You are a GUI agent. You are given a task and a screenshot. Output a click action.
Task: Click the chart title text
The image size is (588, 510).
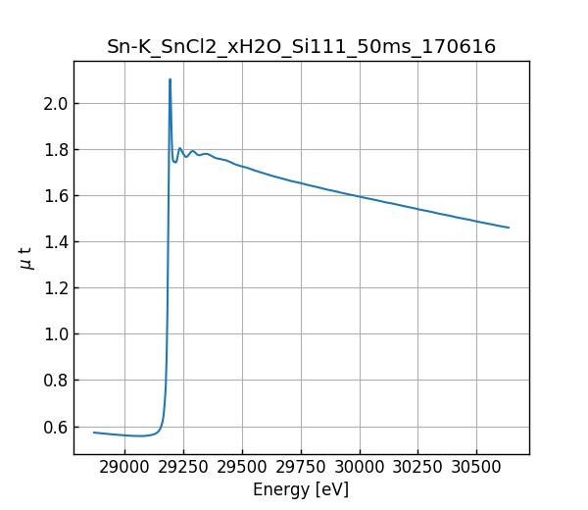pyautogui.click(x=301, y=47)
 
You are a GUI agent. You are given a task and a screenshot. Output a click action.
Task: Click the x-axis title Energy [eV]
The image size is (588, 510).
pyautogui.click(x=301, y=489)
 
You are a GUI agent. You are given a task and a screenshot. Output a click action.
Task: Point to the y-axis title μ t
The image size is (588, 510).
pyautogui.click(x=25, y=258)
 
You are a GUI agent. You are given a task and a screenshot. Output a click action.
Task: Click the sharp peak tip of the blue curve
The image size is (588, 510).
pyautogui.click(x=170, y=79)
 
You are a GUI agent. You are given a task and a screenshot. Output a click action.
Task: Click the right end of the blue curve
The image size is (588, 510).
pyautogui.click(x=509, y=228)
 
